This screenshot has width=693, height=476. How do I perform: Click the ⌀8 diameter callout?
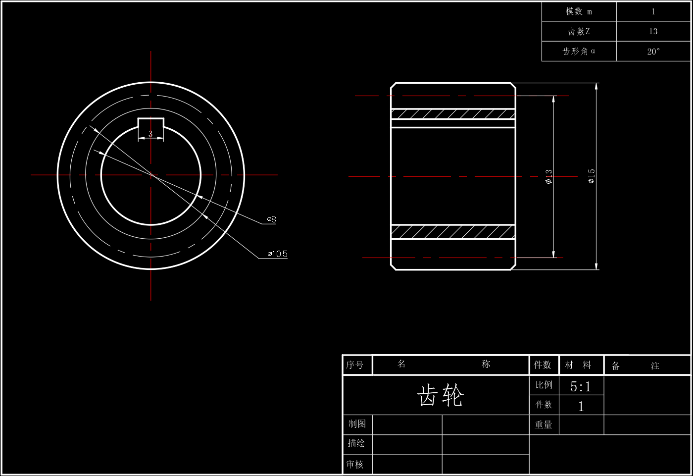click(271, 219)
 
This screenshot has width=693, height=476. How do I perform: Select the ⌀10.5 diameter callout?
click(278, 254)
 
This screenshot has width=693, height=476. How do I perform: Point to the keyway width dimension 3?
click(150, 134)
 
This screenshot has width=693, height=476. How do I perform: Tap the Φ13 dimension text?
click(549, 177)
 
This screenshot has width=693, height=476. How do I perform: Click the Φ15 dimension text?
click(592, 176)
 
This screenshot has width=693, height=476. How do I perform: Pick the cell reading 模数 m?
click(579, 12)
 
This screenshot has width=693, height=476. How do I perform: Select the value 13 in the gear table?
click(653, 31)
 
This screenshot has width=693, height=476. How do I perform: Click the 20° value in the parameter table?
click(653, 52)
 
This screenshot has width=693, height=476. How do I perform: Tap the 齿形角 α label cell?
click(579, 51)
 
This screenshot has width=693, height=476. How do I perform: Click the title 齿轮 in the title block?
click(441, 395)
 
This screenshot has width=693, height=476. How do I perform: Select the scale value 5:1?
click(581, 386)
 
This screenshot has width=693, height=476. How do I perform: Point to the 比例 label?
click(544, 385)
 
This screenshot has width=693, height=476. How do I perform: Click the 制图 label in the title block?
click(357, 423)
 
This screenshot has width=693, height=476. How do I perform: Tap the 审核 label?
click(355, 464)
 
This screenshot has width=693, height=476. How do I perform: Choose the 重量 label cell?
click(544, 424)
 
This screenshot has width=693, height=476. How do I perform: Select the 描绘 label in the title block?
click(356, 443)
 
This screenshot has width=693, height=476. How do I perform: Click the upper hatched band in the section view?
click(453, 114)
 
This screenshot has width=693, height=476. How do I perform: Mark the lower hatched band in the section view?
click(453, 232)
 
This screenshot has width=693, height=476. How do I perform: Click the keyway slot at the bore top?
click(150, 123)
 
